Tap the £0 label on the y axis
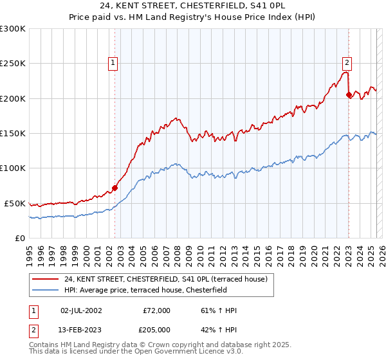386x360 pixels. click(x=19, y=238)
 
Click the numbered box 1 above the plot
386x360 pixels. click(x=113, y=63)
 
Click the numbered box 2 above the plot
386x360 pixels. click(x=347, y=63)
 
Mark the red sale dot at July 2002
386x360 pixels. click(x=115, y=188)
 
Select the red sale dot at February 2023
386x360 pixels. click(x=349, y=95)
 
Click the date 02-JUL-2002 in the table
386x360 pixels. click(x=81, y=310)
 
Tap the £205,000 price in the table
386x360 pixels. click(x=157, y=330)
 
